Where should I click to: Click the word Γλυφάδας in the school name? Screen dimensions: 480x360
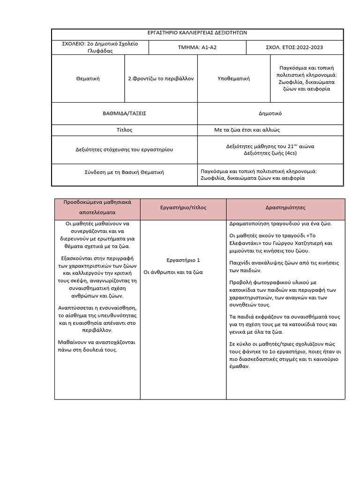(100, 51)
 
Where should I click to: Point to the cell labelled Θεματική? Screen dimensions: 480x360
(88, 79)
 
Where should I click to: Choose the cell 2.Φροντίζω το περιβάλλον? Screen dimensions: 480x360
(161, 79)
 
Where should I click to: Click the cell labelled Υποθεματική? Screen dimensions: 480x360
(234, 79)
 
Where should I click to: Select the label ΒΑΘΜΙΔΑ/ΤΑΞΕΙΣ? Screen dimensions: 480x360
(124, 113)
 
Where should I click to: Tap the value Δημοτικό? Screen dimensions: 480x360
(270, 113)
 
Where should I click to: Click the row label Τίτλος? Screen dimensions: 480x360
(124, 130)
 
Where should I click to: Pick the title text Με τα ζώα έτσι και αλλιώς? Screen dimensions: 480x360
(247, 130)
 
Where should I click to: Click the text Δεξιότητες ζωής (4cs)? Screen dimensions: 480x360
(270, 153)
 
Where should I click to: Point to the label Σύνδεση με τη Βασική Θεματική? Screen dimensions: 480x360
(124, 172)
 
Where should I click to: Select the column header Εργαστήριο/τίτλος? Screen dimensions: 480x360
(183, 207)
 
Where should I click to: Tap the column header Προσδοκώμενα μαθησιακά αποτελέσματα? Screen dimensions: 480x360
(97, 208)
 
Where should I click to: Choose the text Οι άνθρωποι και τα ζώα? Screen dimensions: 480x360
(173, 272)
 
